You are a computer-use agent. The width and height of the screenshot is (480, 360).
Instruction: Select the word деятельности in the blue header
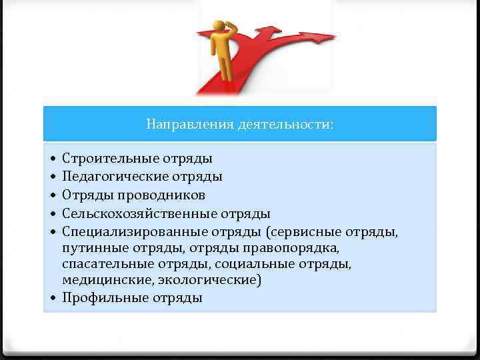pyautogui.click(x=284, y=125)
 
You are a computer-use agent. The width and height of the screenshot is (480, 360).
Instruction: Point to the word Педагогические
pyautogui.click(x=115, y=177)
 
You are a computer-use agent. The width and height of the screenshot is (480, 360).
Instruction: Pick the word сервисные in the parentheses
pyautogui.click(x=306, y=231)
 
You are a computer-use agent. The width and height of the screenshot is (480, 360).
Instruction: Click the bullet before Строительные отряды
pyautogui.click(x=53, y=159)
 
